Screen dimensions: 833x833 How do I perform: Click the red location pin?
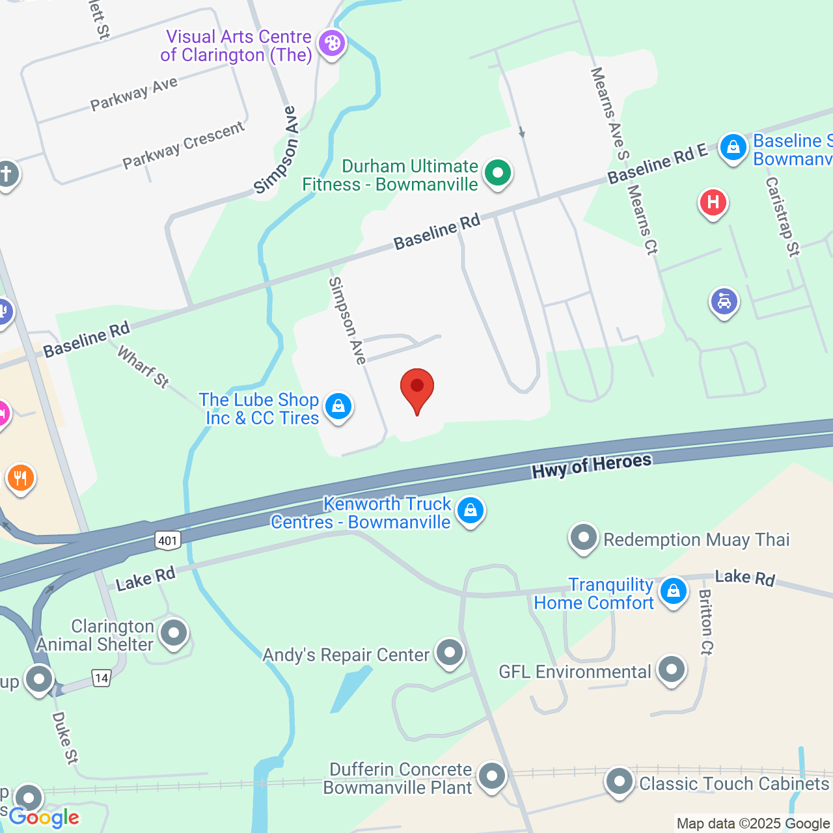(416, 389)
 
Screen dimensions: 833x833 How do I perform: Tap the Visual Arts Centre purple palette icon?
(332, 44)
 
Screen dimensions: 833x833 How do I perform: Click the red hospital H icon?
(713, 202)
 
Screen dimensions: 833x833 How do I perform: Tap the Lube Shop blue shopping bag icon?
(338, 407)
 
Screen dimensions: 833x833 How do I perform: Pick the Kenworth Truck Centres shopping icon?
(470, 511)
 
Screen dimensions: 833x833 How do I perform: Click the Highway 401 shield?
(167, 540)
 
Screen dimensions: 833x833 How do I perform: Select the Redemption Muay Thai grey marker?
(583, 538)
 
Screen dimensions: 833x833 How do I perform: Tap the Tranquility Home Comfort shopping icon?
(673, 592)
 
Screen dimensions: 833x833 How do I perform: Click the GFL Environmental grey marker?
(671, 670)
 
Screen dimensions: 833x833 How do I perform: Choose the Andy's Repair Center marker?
(449, 653)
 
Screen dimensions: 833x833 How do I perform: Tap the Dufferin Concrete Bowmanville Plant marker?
(491, 776)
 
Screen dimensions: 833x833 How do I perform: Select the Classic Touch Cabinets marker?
(619, 782)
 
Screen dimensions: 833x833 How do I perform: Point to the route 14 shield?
(101, 678)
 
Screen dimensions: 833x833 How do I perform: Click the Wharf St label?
(143, 366)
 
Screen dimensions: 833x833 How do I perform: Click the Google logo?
(44, 817)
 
